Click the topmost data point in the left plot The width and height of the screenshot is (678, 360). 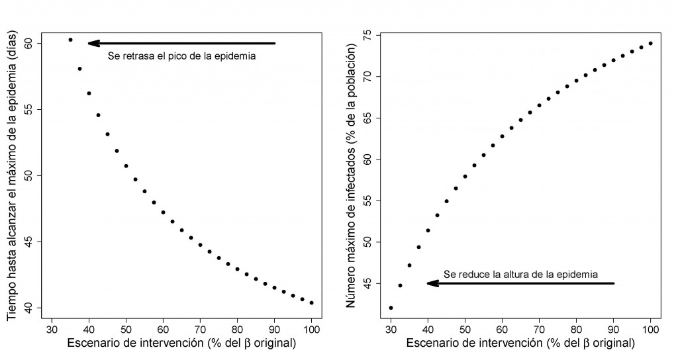(x=70, y=40)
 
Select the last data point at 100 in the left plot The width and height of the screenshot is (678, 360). (x=312, y=302)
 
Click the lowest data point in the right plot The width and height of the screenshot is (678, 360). (x=391, y=308)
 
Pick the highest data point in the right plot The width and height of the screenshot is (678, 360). (x=651, y=44)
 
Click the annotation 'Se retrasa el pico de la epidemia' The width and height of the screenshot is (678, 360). (x=181, y=56)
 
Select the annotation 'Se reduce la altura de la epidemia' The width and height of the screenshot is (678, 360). (x=521, y=273)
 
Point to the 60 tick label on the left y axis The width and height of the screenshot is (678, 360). (x=30, y=44)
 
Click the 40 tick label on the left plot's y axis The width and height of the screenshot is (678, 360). (x=30, y=308)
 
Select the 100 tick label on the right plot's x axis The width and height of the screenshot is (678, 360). (x=651, y=328)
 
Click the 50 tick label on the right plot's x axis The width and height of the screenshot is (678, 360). (x=465, y=328)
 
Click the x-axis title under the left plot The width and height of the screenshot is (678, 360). (x=181, y=343)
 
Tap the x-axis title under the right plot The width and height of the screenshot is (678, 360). (x=520, y=343)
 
